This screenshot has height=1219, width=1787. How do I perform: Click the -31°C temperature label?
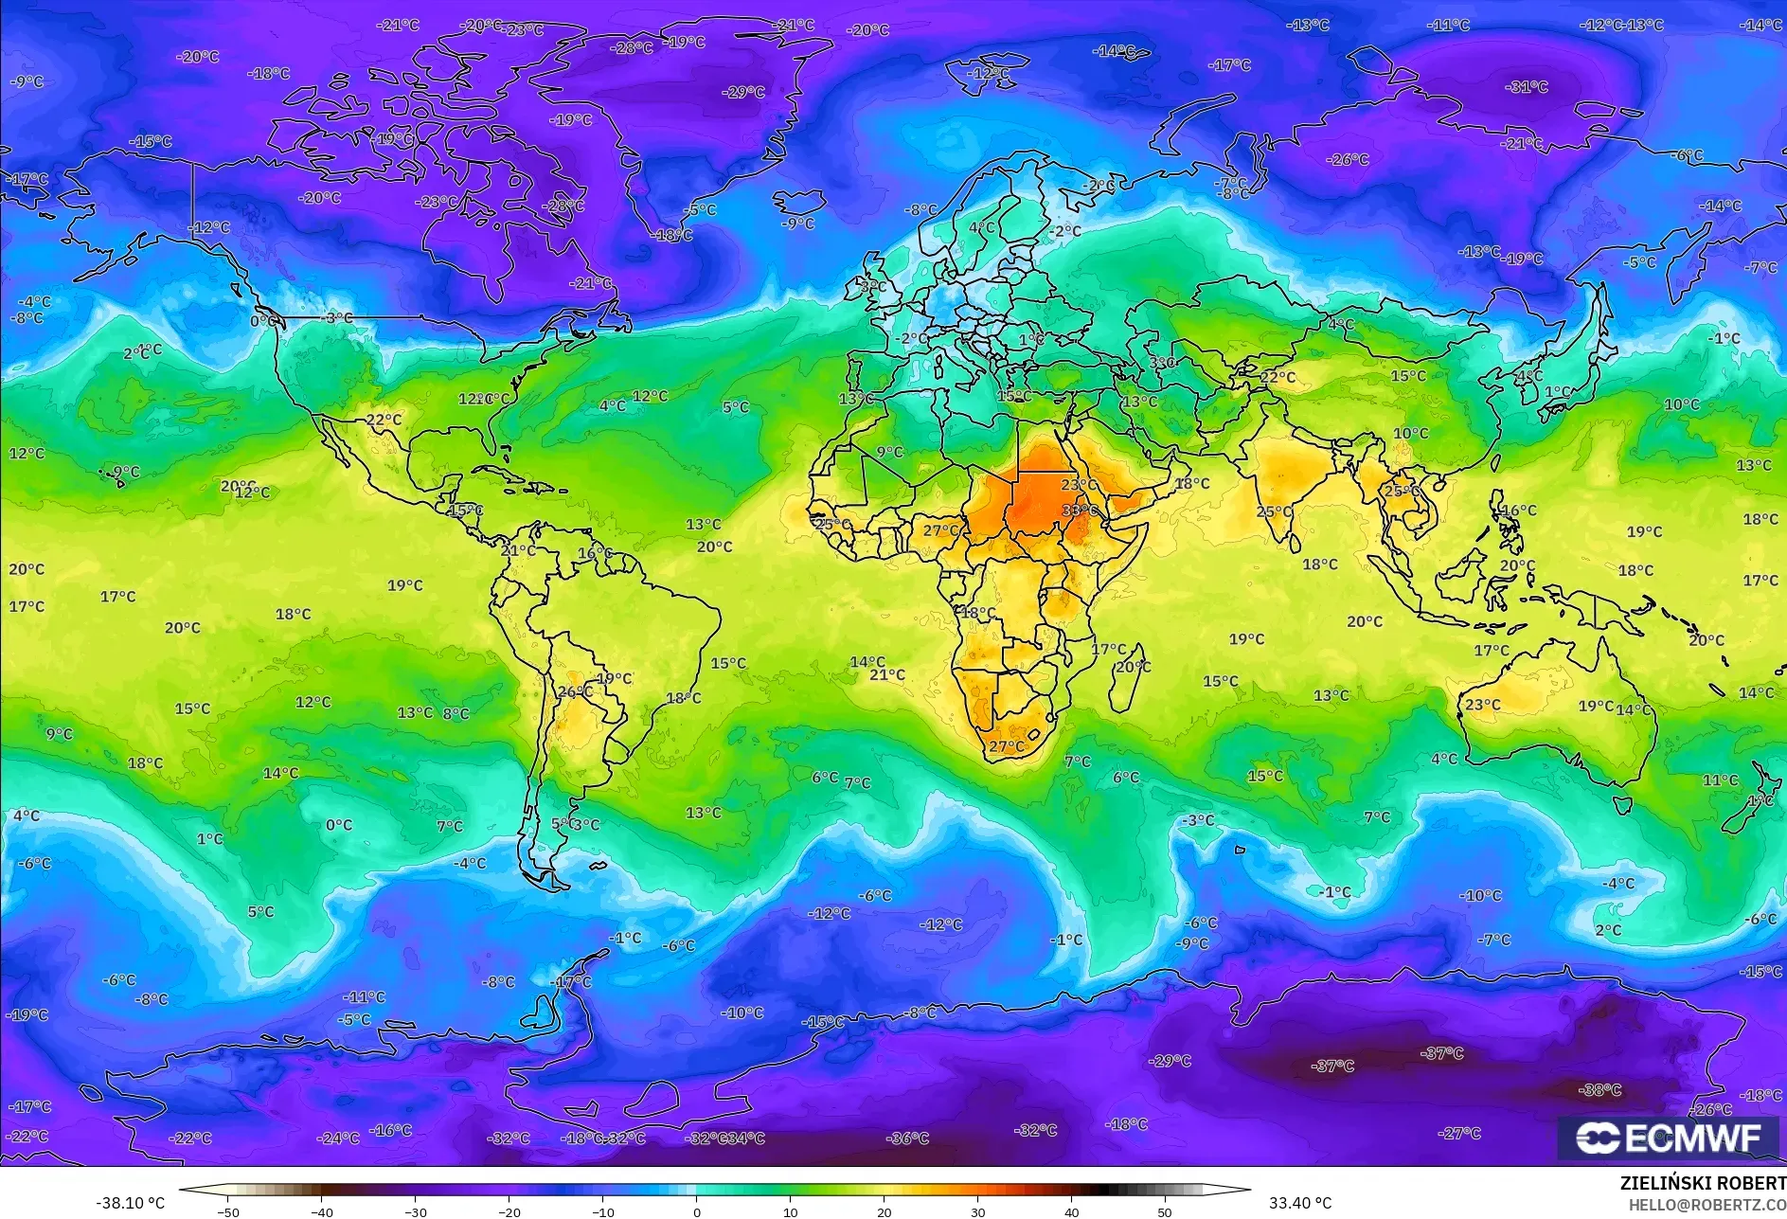pyautogui.click(x=1527, y=87)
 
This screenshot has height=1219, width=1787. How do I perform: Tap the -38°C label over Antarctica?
pyautogui.click(x=1600, y=1090)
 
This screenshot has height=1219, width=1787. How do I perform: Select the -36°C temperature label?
pyautogui.click(x=907, y=1138)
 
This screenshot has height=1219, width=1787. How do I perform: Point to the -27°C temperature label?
pyautogui.click(x=1458, y=1133)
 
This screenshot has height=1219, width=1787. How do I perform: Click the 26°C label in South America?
pyautogui.click(x=574, y=692)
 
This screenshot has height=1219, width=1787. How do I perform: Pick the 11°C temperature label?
pyautogui.click(x=1720, y=780)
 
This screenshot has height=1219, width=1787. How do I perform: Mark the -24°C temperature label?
pyautogui.click(x=338, y=1138)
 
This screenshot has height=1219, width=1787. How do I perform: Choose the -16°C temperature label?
pyautogui.click(x=390, y=1130)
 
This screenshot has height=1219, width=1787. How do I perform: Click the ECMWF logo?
pyautogui.click(x=1669, y=1138)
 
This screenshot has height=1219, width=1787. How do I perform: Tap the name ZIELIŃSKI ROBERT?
pyautogui.click(x=1703, y=1183)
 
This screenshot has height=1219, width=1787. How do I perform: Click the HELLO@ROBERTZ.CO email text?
pyautogui.click(x=1707, y=1205)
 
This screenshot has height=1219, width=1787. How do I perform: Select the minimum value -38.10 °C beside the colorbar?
pyautogui.click(x=130, y=1203)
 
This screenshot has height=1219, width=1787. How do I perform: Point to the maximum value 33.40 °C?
pyautogui.click(x=1300, y=1203)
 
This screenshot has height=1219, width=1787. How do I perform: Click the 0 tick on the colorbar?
pyautogui.click(x=697, y=1212)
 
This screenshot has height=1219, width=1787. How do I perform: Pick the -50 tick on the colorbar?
pyautogui.click(x=227, y=1212)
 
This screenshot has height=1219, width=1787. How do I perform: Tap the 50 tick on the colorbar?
pyautogui.click(x=1164, y=1212)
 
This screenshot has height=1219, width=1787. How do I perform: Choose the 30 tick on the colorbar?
pyautogui.click(x=977, y=1212)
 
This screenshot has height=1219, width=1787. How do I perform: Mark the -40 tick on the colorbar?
pyautogui.click(x=322, y=1212)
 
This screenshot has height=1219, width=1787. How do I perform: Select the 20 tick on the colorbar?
pyautogui.click(x=884, y=1212)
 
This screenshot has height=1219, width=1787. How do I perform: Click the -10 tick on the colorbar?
pyautogui.click(x=602, y=1212)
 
